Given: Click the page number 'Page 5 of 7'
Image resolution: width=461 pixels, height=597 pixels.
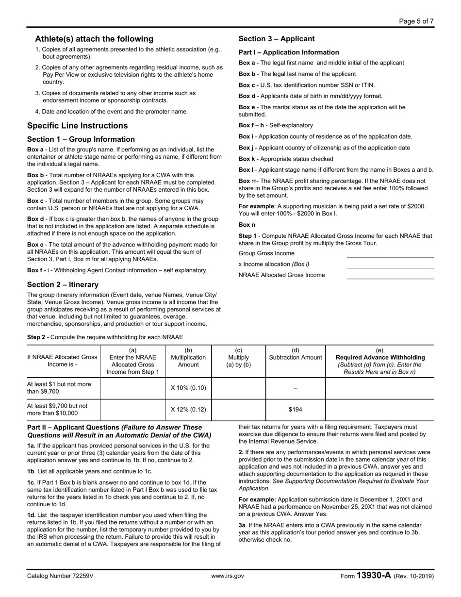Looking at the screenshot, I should point(416,21).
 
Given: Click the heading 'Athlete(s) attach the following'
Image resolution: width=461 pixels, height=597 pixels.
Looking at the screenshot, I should point(94,39).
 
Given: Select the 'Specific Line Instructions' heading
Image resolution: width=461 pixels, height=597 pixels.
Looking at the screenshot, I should point(78,126).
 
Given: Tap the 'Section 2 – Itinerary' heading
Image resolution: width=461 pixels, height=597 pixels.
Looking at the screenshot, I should point(63,284).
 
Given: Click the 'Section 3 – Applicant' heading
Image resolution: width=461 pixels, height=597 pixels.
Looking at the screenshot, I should point(277,39).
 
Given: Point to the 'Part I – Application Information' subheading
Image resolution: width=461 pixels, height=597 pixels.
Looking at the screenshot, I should point(289,52).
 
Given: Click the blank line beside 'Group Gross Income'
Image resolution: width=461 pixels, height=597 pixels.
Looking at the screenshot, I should point(390,254).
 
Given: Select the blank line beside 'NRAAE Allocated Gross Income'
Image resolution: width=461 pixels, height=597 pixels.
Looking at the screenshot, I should point(390,275).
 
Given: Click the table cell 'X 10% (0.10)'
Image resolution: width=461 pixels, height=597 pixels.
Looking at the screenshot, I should point(188,388).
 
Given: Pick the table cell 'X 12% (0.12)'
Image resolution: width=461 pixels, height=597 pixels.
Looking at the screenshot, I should point(188,409).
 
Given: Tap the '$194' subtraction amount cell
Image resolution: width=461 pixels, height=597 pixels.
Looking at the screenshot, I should point(295,409).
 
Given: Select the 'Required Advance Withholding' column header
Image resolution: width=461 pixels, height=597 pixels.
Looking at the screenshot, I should point(380,357).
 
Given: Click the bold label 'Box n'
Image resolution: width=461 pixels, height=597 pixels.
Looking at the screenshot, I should point(247,225).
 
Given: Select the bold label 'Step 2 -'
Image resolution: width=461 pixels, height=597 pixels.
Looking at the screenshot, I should point(38,337).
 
